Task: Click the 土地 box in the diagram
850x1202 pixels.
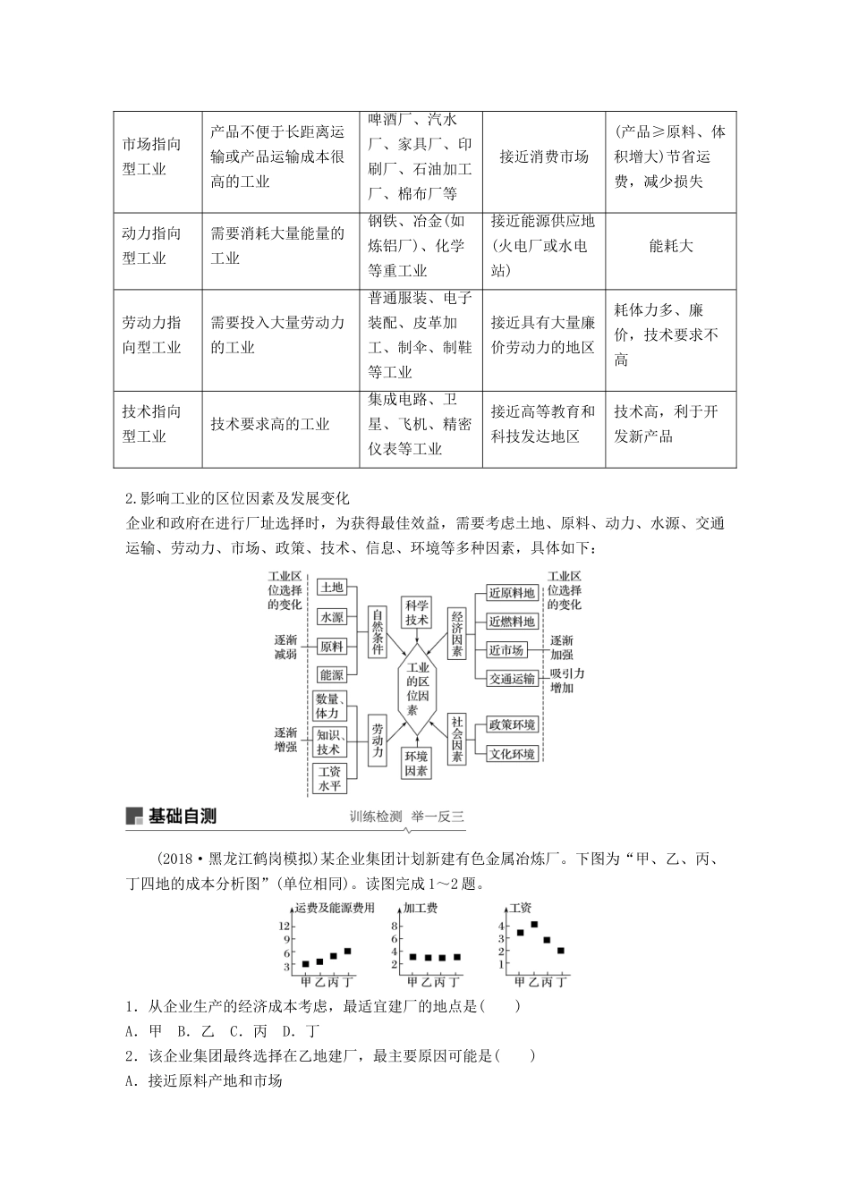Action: (x=331, y=587)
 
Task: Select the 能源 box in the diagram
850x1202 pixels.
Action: (x=331, y=675)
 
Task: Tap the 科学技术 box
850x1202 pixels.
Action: (x=416, y=613)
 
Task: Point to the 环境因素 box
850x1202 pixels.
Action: (x=416, y=763)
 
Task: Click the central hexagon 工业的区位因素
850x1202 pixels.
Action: (x=417, y=688)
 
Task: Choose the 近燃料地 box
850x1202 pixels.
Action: (x=511, y=622)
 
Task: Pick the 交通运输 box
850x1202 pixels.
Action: (x=512, y=679)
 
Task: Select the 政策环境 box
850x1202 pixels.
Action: (x=512, y=724)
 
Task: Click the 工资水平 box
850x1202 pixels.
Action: (x=329, y=778)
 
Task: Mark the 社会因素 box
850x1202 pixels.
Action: (x=456, y=739)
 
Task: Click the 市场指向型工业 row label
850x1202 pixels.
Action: (x=152, y=157)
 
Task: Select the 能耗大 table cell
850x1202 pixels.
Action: (x=670, y=246)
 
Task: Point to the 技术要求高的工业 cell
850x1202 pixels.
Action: (x=270, y=425)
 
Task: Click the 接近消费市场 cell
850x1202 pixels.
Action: (x=544, y=157)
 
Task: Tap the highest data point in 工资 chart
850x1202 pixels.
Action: (x=534, y=925)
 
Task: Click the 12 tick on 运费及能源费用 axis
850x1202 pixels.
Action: (x=285, y=925)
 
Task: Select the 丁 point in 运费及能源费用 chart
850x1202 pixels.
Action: (x=347, y=951)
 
